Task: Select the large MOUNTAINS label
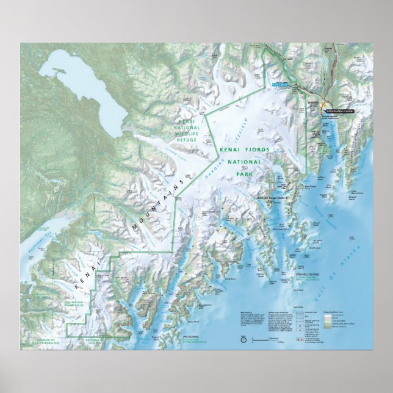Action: pyautogui.click(x=156, y=209)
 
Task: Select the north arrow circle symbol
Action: pyautogui.click(x=243, y=338)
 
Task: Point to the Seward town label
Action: pyautogui.click(x=313, y=101)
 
